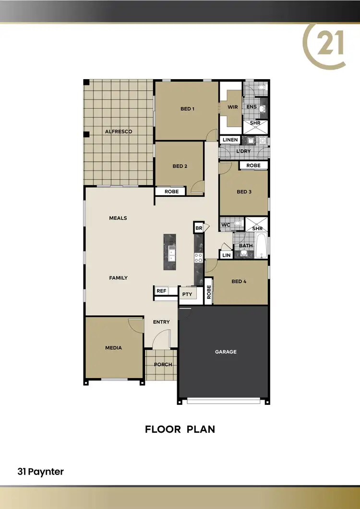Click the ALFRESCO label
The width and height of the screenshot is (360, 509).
(119, 131)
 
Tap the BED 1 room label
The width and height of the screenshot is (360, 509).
(187, 109)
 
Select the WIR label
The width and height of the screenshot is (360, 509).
(233, 107)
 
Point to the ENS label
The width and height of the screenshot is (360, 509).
(252, 107)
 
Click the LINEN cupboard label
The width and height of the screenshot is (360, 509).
(230, 140)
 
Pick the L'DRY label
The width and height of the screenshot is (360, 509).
(243, 152)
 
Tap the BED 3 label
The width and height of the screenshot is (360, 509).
(244, 192)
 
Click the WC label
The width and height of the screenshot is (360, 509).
(226, 224)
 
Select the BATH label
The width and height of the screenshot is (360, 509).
(246, 246)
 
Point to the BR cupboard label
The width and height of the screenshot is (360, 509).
(199, 228)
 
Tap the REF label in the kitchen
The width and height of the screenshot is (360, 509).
(161, 290)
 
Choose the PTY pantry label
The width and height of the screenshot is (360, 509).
(187, 294)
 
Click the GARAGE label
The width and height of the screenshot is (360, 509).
(226, 352)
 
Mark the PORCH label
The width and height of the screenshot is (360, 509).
(163, 364)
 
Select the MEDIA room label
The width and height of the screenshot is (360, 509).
(114, 348)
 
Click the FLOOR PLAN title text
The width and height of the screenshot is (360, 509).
(180, 429)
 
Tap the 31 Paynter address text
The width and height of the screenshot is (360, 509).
(40, 472)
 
